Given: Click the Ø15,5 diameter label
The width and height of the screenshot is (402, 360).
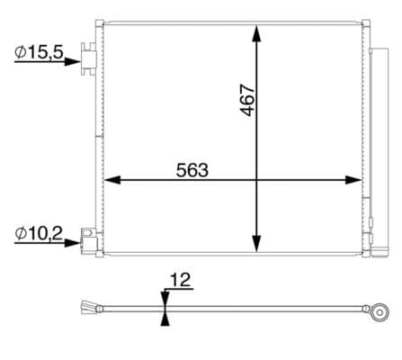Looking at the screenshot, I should pos(39,53).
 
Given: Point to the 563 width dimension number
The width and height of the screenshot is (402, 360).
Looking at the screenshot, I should pos(192,168).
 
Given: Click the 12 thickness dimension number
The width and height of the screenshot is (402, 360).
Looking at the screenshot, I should pos(180,282).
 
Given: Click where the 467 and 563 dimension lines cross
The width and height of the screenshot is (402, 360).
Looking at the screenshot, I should pos(257,180).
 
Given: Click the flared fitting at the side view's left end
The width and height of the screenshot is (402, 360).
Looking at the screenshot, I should pos(87,307).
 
